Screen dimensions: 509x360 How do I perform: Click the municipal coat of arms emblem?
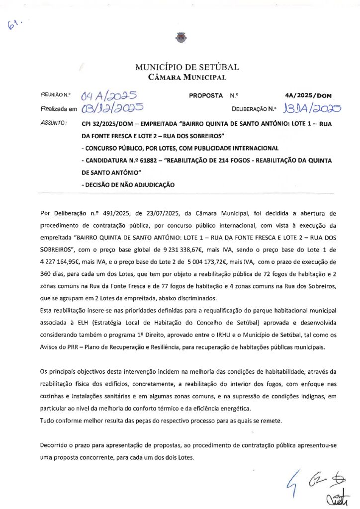180,36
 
